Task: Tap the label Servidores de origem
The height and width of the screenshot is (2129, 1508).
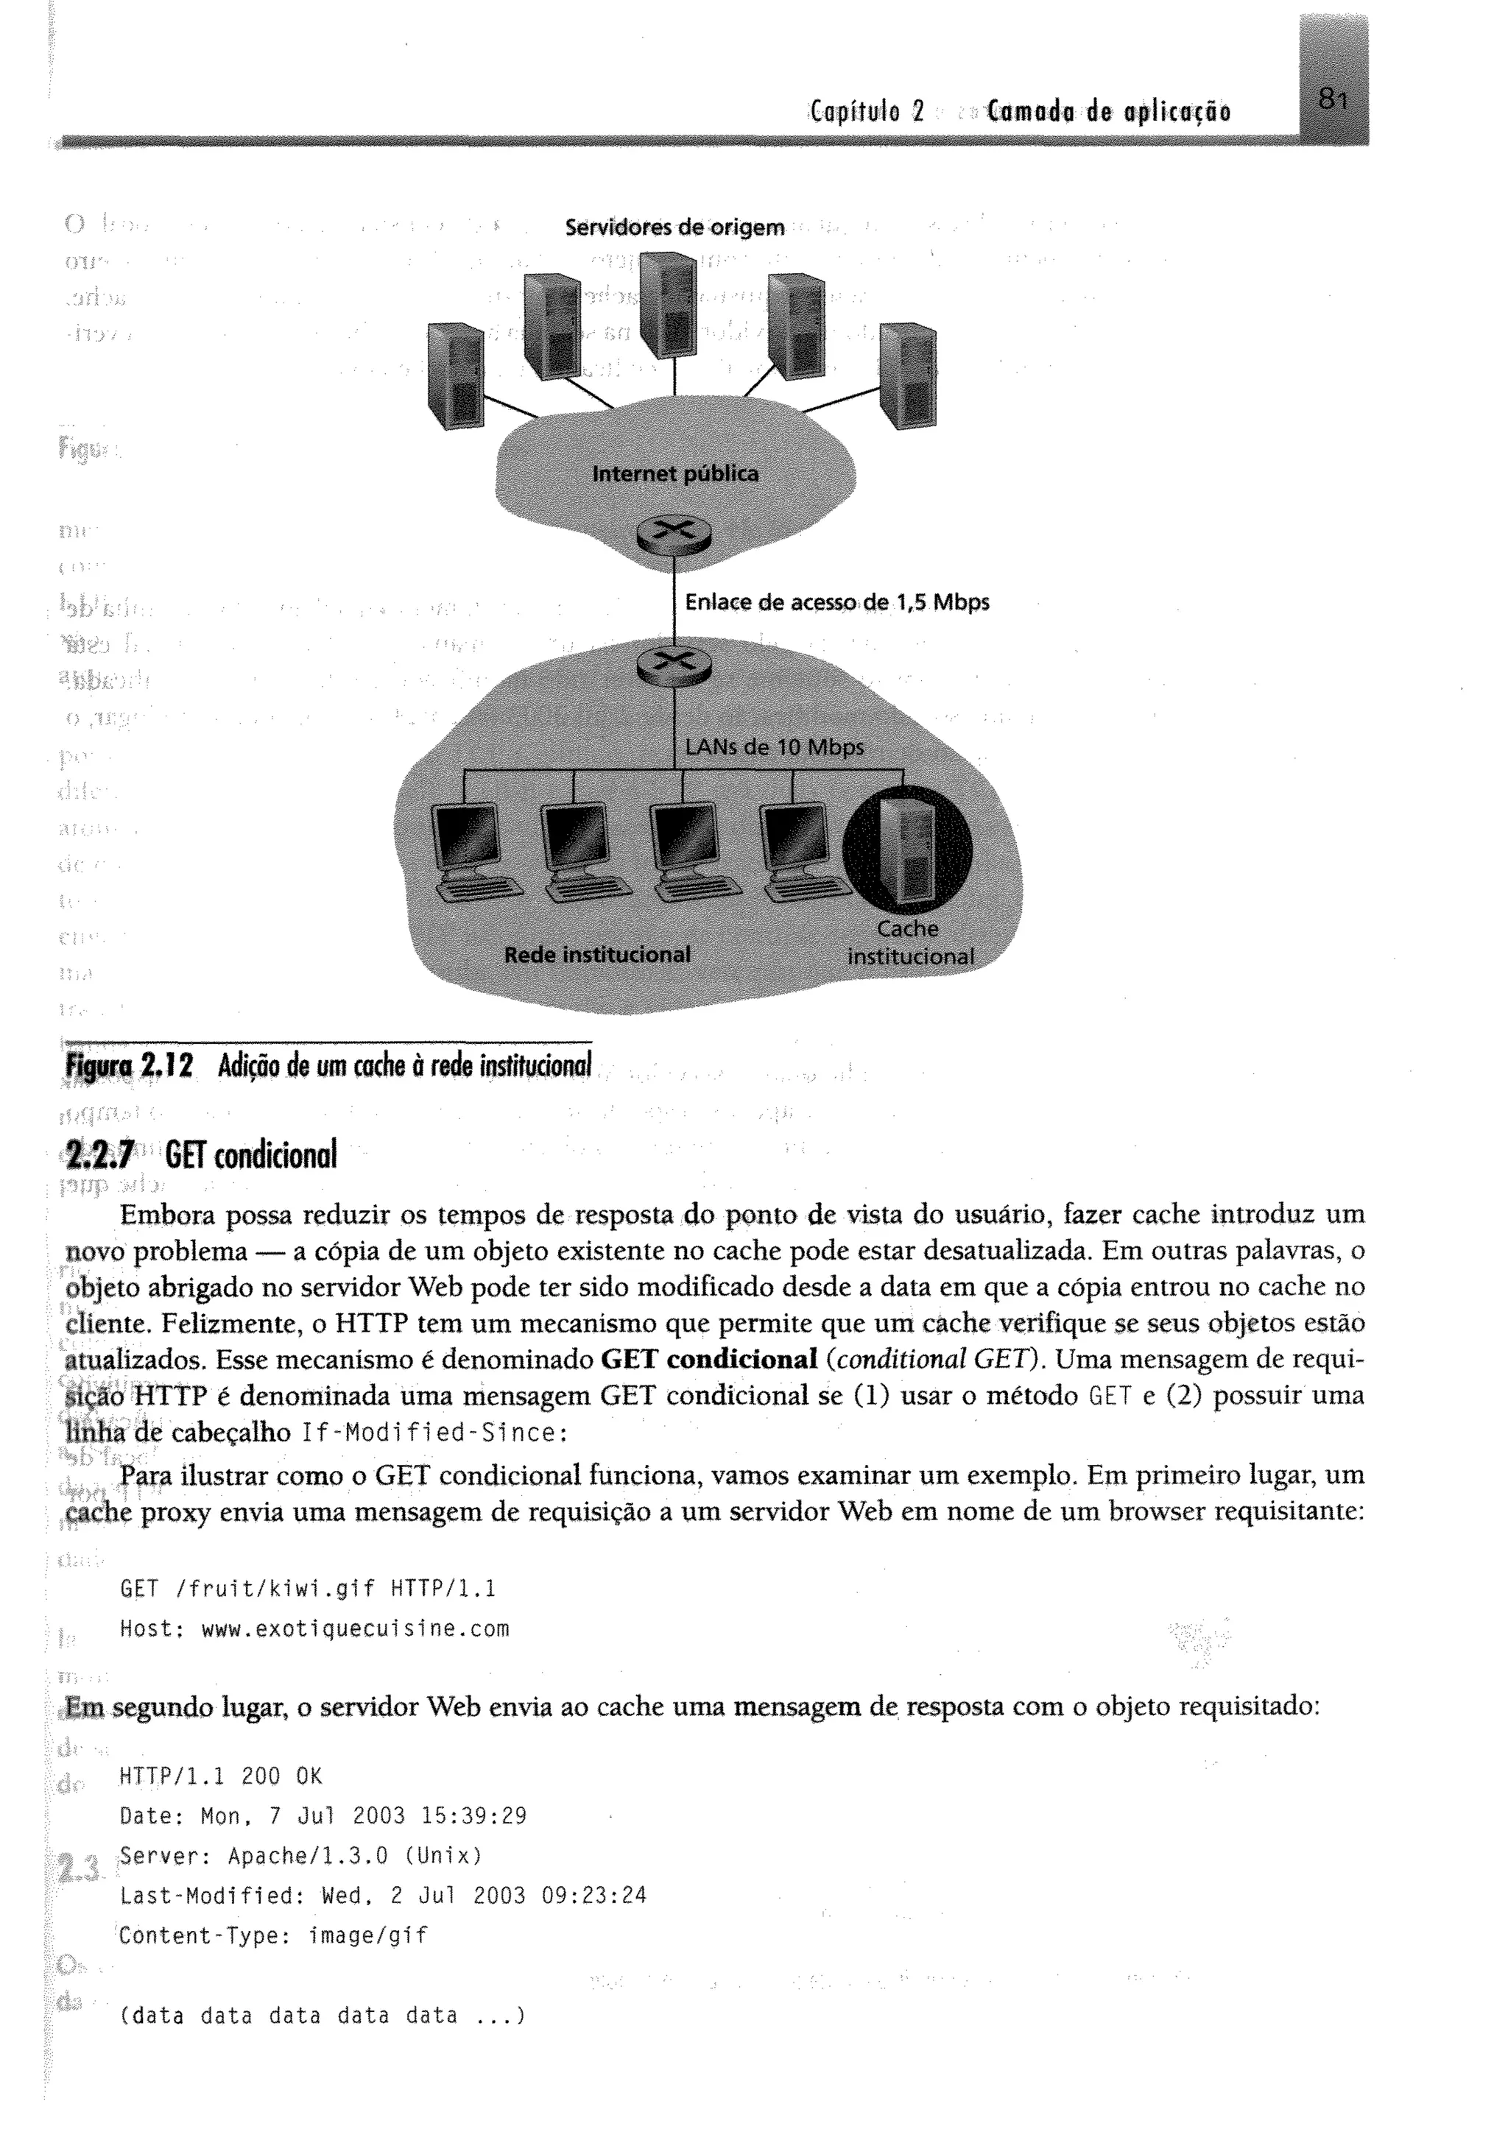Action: click(x=675, y=227)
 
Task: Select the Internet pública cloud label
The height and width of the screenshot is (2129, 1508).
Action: click(x=675, y=474)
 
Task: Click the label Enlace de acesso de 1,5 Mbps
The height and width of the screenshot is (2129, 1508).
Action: click(x=836, y=603)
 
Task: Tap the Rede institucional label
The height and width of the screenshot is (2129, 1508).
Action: click(x=597, y=955)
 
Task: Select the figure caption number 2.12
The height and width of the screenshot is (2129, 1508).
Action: click(x=167, y=1067)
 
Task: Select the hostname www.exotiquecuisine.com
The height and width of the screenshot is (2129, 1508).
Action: click(x=356, y=1629)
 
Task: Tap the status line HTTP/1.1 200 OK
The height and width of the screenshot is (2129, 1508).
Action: click(x=221, y=1777)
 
